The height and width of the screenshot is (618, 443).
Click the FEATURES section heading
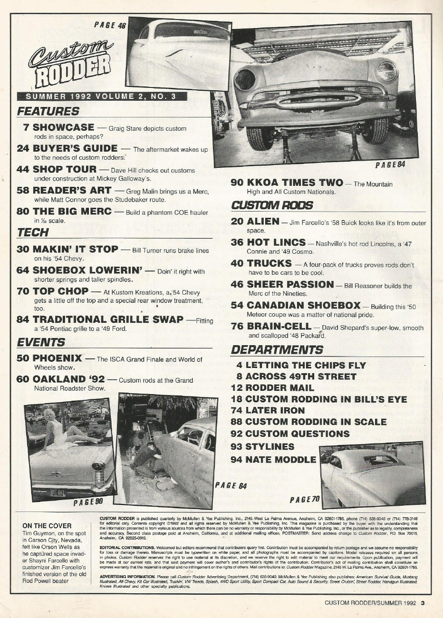point(48,111)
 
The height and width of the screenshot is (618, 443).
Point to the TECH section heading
point(33,232)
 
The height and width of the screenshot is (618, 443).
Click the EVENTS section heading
point(41,342)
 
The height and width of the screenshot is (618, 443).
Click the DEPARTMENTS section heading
point(277,349)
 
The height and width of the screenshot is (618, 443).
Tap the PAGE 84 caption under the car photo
point(390,164)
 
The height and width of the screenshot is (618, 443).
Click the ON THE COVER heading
point(47,526)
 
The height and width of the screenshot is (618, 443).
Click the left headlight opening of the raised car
point(245,79)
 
